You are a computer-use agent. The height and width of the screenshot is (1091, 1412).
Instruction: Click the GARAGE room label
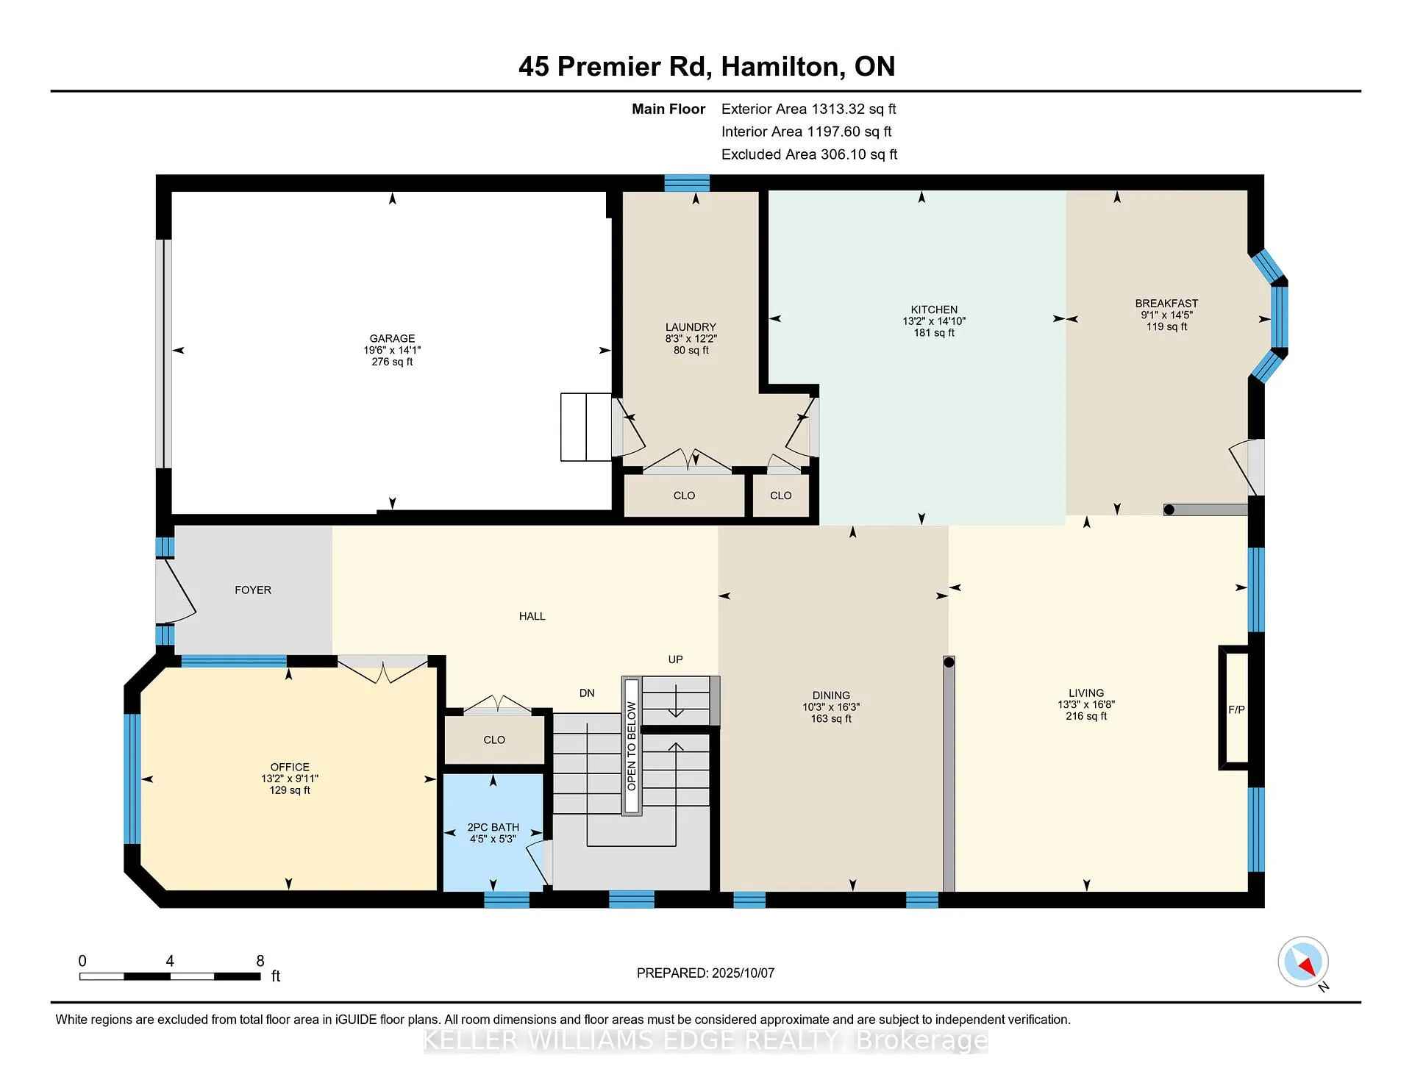pos(392,339)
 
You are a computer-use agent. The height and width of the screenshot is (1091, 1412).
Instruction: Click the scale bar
pos(170,976)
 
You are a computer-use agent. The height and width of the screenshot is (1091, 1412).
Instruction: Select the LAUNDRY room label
pos(691,327)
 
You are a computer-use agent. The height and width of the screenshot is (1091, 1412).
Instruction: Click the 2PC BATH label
pos(493,827)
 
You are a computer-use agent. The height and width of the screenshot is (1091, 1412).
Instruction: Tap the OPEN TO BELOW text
pos(632,746)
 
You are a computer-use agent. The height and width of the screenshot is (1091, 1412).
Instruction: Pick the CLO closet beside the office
pos(494,740)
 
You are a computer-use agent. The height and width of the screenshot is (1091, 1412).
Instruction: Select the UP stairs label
pos(675,659)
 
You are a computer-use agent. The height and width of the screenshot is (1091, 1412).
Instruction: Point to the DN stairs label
pos(587,693)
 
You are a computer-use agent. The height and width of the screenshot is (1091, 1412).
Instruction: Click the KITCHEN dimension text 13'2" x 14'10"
pos(934,321)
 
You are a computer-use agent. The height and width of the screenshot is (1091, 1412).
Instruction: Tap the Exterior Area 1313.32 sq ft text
pos(808,110)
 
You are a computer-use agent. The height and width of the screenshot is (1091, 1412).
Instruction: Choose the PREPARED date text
pos(705,973)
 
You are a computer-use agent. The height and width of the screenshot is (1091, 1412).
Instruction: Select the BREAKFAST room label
pos(1166,304)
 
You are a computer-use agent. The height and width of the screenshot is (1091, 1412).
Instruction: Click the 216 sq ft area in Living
pos(1086,716)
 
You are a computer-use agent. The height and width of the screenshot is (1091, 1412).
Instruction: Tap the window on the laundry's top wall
pos(687,183)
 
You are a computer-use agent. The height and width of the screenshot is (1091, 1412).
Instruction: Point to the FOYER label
pos(253,590)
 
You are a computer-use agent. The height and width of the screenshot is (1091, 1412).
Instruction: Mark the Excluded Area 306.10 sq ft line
pos(809,155)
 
